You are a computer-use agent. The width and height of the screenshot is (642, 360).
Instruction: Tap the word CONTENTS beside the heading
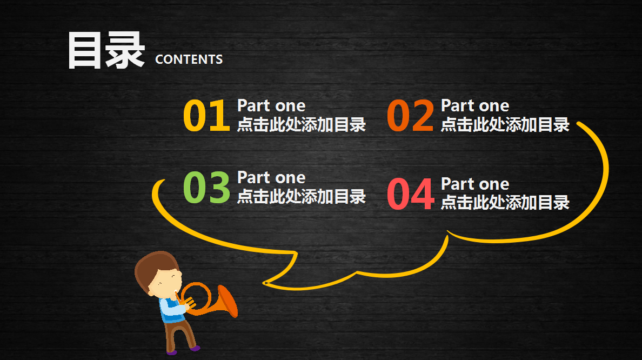189,59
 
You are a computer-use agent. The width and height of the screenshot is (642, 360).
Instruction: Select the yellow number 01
206,116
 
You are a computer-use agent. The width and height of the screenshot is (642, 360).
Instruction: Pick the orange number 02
410,116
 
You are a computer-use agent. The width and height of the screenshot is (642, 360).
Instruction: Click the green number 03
206,187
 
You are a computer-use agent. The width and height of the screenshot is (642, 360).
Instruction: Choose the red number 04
410,194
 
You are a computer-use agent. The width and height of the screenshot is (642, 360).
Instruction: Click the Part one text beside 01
271,105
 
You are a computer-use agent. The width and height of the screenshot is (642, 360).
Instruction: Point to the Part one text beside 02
475,105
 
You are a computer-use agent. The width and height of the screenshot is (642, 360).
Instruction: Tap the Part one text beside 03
271,177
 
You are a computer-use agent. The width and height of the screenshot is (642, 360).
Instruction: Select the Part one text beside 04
475,184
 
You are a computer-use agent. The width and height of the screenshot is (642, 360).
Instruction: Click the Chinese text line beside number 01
302,124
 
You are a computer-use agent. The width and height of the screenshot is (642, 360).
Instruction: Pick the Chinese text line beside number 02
505,124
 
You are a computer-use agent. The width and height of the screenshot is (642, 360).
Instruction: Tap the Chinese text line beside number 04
505,203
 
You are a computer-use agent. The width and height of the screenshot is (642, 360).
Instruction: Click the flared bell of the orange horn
227,301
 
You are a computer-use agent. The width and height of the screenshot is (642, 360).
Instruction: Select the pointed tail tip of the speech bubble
263,283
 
